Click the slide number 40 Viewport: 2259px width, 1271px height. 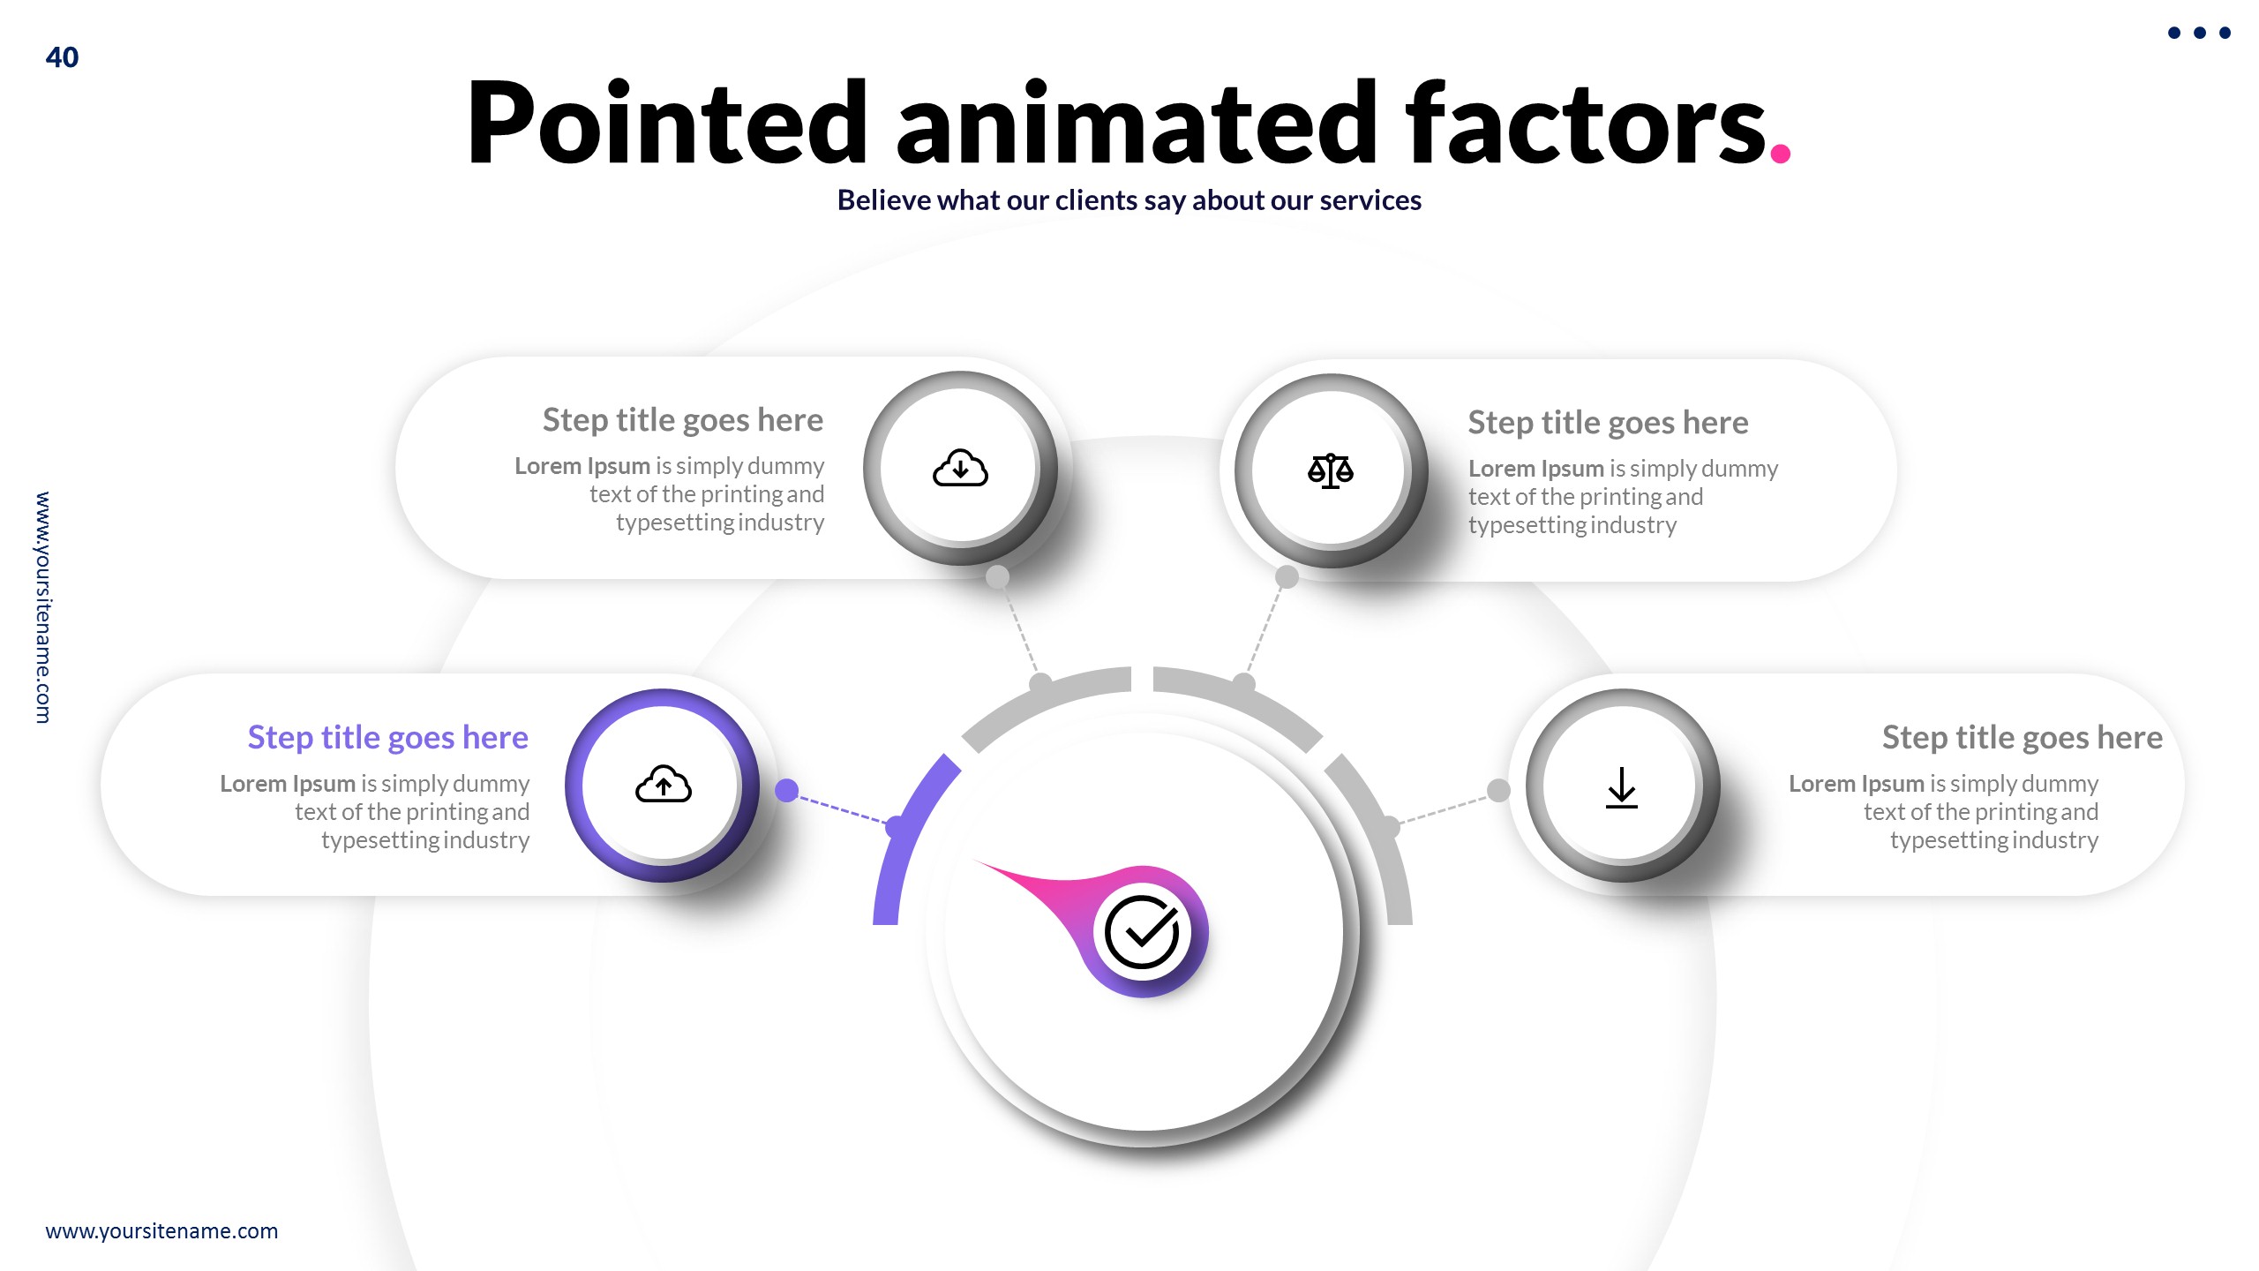[62, 57]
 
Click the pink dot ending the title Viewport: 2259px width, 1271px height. [1780, 154]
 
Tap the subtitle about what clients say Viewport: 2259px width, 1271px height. [1129, 200]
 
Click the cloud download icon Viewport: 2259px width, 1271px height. [960, 468]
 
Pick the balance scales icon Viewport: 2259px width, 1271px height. [1331, 470]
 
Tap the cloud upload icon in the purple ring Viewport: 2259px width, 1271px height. [663, 785]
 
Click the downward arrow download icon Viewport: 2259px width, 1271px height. [1622, 786]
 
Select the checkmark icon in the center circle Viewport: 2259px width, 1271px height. [1142, 932]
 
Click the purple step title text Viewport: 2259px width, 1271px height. [387, 737]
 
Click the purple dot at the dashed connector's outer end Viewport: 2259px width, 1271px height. [786, 790]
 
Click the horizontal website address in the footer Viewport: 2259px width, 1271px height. [161, 1230]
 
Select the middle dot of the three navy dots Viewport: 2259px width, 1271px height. [2199, 33]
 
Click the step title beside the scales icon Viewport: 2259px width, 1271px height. [1608, 423]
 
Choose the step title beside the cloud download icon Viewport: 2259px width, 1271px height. [682, 420]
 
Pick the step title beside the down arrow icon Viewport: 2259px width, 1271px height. [2022, 737]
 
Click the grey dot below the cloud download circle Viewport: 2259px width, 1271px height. [997, 577]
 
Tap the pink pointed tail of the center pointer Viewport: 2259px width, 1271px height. [1024, 878]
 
